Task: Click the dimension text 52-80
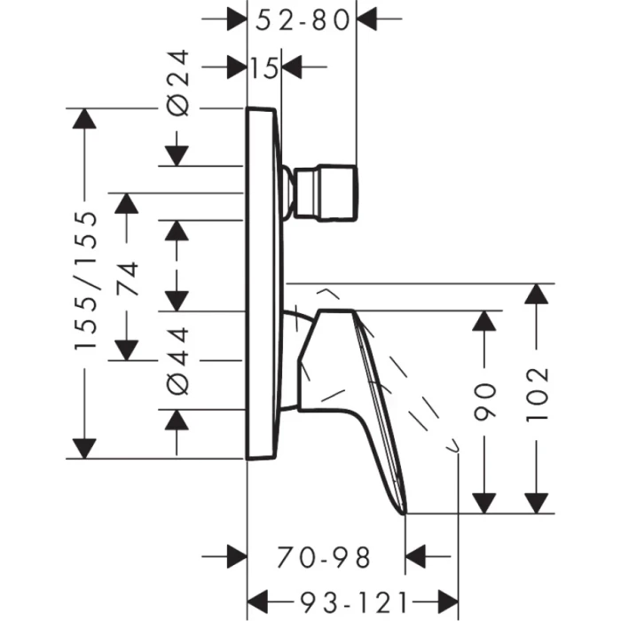pos(303,19)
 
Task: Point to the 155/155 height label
pos(85,282)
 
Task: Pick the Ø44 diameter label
pos(178,360)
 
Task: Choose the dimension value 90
pos(484,401)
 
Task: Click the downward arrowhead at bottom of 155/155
pos(85,448)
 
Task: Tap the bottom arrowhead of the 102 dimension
pos(537,502)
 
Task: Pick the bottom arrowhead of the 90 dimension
pos(484,502)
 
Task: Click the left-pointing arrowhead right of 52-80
pos(367,19)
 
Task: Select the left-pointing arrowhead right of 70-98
pos(415,557)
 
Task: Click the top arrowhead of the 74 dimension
pos(128,203)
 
